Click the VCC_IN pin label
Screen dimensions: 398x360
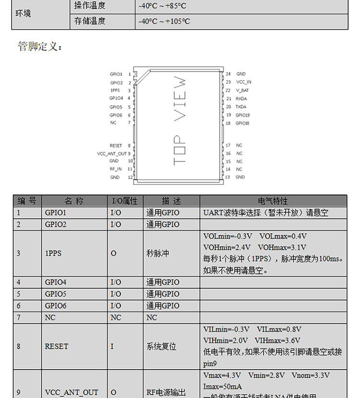pos(243,82)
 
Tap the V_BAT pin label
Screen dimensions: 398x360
pos(242,90)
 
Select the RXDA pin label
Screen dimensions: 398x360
pos(241,98)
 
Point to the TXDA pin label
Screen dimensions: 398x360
pos(241,107)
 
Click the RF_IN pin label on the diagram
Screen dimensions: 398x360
pos(115,169)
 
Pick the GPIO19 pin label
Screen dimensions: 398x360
pos(243,115)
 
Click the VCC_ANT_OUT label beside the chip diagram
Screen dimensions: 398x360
pos(112,154)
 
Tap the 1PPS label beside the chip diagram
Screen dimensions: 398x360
pos(115,90)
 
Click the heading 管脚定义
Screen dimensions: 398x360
pos(40,47)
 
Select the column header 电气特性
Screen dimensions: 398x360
pos(273,201)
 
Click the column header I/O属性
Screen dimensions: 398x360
pos(124,201)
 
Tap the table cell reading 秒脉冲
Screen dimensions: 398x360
pos(158,253)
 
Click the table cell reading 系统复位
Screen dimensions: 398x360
pos(161,346)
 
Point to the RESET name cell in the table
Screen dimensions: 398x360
pos(57,346)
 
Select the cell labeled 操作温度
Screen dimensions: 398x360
pos(90,6)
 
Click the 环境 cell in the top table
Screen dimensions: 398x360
pos(24,13)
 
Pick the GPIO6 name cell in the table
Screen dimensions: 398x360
pos(56,306)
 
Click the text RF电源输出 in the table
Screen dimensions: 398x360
pos(166,392)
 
